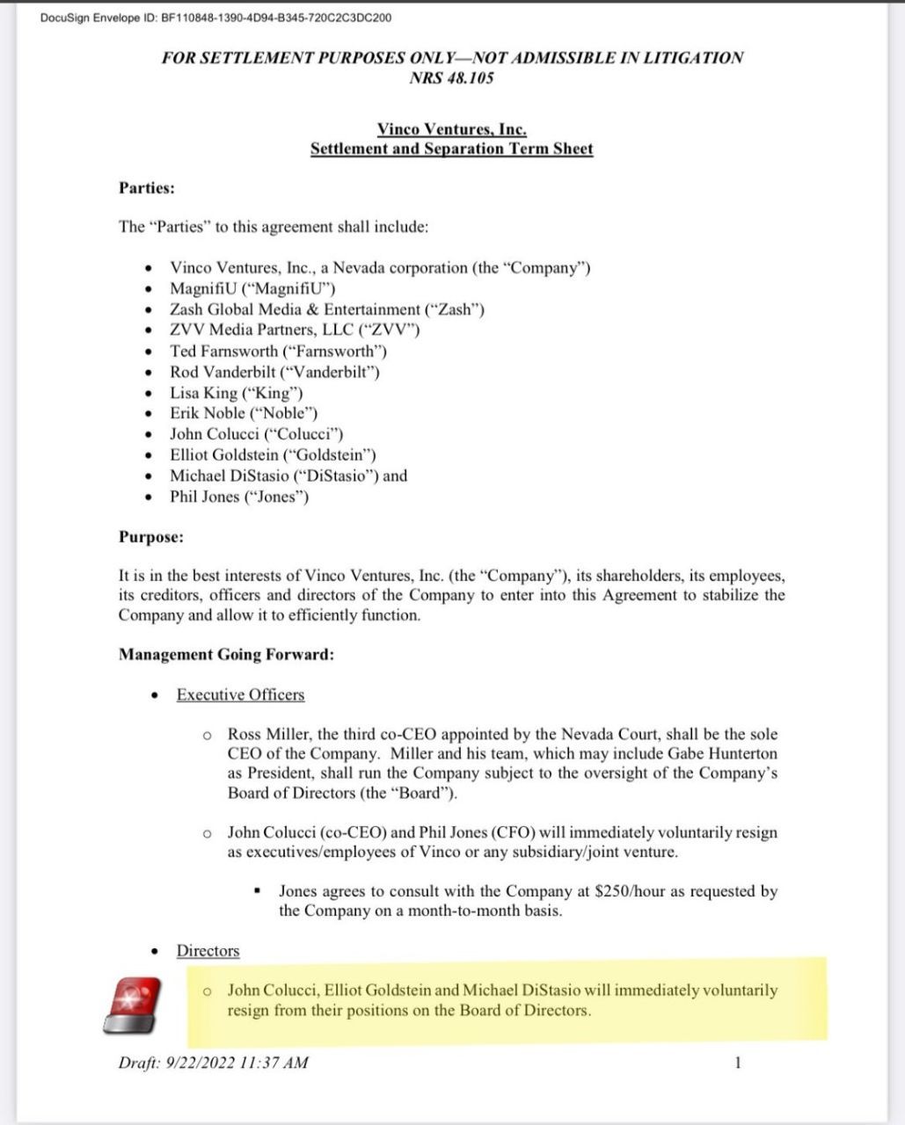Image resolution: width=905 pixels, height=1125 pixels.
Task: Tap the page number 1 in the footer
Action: click(x=737, y=1063)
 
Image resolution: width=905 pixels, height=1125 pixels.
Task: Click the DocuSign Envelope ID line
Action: click(x=216, y=18)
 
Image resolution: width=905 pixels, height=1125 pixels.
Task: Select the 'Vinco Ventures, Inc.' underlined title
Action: click(x=452, y=129)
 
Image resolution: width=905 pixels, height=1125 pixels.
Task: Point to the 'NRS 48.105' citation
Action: click(x=452, y=77)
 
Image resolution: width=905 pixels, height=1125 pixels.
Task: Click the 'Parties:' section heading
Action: click(x=147, y=187)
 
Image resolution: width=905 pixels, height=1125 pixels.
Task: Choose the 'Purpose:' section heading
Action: click(x=151, y=536)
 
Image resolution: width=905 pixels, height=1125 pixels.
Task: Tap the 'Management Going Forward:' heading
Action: click(x=226, y=654)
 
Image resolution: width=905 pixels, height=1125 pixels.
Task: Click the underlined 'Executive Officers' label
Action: click(x=240, y=694)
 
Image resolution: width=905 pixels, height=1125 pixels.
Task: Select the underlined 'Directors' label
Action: click(x=208, y=951)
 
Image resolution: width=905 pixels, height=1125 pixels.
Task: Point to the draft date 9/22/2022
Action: click(x=201, y=1063)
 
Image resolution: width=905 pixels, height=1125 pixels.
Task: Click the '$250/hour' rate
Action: click(x=631, y=890)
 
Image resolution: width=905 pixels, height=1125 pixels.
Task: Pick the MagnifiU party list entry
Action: click(x=252, y=288)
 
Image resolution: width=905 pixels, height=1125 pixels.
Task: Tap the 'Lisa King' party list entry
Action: click(x=236, y=393)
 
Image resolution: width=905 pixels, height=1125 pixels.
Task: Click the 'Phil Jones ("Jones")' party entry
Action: click(x=239, y=497)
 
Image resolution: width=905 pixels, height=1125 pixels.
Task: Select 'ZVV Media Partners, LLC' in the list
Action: click(x=295, y=330)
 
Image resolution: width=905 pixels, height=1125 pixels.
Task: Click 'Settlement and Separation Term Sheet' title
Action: click(x=452, y=149)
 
